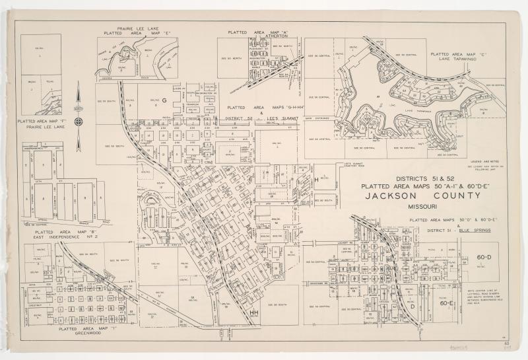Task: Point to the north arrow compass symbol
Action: [79, 121]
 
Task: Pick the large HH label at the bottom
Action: [255, 313]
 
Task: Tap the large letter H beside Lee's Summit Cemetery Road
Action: [316, 179]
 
